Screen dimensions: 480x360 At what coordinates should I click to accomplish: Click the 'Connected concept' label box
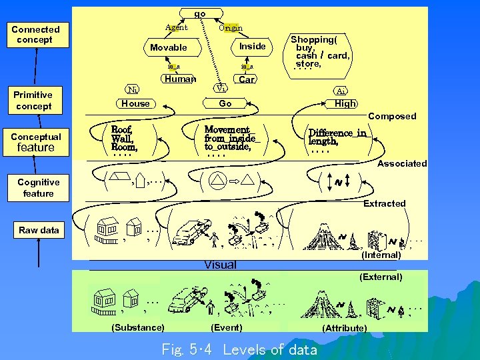[35, 35]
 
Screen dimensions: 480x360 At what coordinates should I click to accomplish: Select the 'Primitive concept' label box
[33, 101]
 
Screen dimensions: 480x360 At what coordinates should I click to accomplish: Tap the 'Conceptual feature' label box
[36, 142]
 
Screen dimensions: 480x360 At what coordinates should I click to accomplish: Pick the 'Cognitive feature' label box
[38, 187]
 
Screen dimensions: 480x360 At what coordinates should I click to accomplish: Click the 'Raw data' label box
[39, 230]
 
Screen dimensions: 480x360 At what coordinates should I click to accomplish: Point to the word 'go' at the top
[200, 13]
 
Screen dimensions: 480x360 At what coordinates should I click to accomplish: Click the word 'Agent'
[177, 27]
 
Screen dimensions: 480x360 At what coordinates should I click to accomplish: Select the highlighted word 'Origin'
[231, 28]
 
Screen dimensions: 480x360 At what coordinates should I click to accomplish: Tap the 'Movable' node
[169, 47]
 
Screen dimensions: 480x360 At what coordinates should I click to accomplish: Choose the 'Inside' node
[253, 46]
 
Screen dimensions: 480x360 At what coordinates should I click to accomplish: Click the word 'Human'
[180, 79]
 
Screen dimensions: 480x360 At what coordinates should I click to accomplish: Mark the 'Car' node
[247, 80]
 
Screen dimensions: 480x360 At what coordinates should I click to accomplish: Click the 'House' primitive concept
[136, 103]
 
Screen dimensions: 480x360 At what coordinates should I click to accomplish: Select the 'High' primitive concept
[345, 103]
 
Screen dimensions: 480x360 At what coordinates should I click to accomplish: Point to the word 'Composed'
[392, 116]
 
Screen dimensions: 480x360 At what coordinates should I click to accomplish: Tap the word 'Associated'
[402, 163]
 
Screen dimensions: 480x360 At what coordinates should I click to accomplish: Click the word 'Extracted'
[384, 203]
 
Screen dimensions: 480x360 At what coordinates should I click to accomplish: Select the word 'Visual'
[220, 265]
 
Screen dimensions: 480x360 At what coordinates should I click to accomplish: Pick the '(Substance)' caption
[138, 327]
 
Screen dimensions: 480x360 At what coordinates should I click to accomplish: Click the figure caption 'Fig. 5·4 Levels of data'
[239, 349]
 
